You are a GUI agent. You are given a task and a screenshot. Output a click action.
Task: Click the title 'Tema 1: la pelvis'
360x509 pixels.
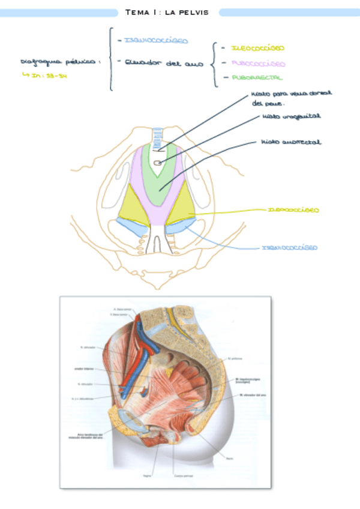click(167, 12)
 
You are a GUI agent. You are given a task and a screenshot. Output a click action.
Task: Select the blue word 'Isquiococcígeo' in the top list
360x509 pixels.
click(155, 41)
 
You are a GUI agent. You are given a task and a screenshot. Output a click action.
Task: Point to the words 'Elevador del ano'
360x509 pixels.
click(164, 62)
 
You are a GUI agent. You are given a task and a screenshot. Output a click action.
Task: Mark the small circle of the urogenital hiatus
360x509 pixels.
click(157, 163)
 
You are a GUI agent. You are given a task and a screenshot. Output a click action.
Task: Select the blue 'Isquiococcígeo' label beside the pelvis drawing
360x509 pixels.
click(289, 247)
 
